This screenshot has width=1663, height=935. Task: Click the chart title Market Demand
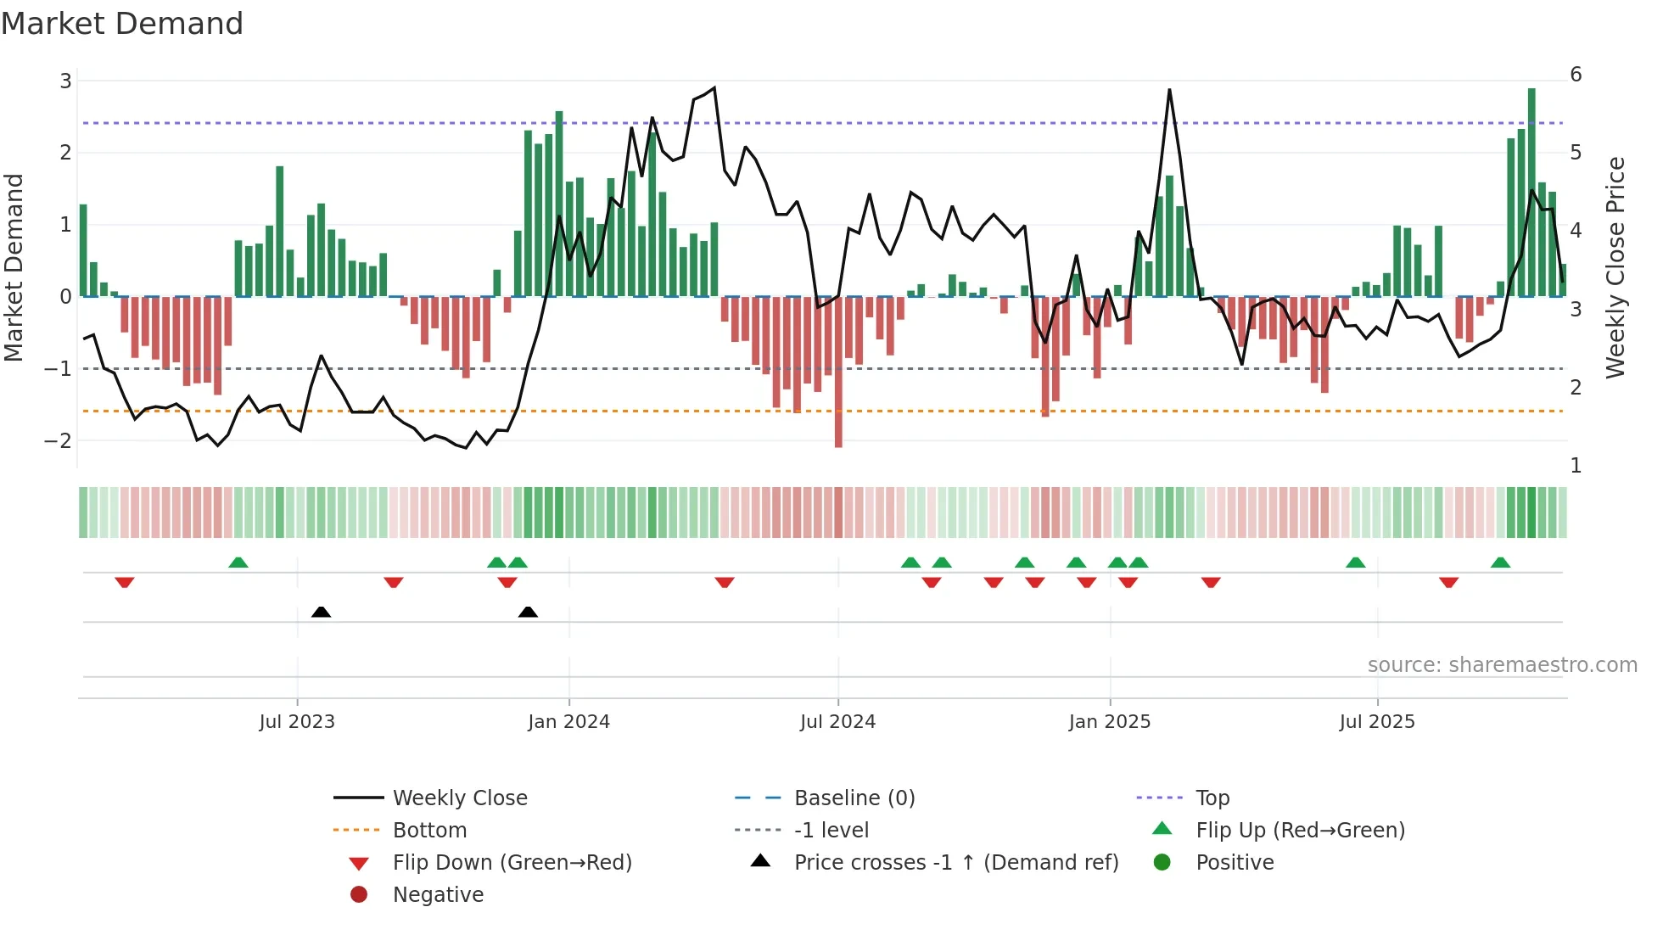click(x=122, y=24)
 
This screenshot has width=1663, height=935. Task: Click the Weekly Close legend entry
click(x=459, y=798)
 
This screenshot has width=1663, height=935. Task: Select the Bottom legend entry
click(x=429, y=830)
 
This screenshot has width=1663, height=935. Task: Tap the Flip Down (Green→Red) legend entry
click(x=512, y=862)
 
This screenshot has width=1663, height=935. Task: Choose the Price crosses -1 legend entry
click(x=955, y=862)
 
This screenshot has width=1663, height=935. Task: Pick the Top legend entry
click(x=1212, y=798)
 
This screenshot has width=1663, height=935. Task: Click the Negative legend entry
click(x=438, y=894)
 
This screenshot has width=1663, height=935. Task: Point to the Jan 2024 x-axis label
click(x=568, y=722)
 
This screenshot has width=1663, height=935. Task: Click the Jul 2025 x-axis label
click(x=1376, y=722)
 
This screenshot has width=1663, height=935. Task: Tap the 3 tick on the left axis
click(x=65, y=81)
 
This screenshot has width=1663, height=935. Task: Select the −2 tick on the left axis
click(x=59, y=440)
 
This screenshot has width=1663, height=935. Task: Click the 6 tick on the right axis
click(x=1576, y=75)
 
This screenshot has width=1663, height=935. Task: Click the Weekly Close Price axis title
click(x=1615, y=267)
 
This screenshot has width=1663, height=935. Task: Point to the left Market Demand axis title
click(x=14, y=267)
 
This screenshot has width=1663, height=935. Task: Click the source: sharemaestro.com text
click(x=1502, y=665)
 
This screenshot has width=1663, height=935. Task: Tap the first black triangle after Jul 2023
click(x=321, y=612)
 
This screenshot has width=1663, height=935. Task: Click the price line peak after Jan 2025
click(x=1169, y=90)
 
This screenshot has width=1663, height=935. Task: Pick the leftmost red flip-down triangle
click(x=125, y=582)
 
